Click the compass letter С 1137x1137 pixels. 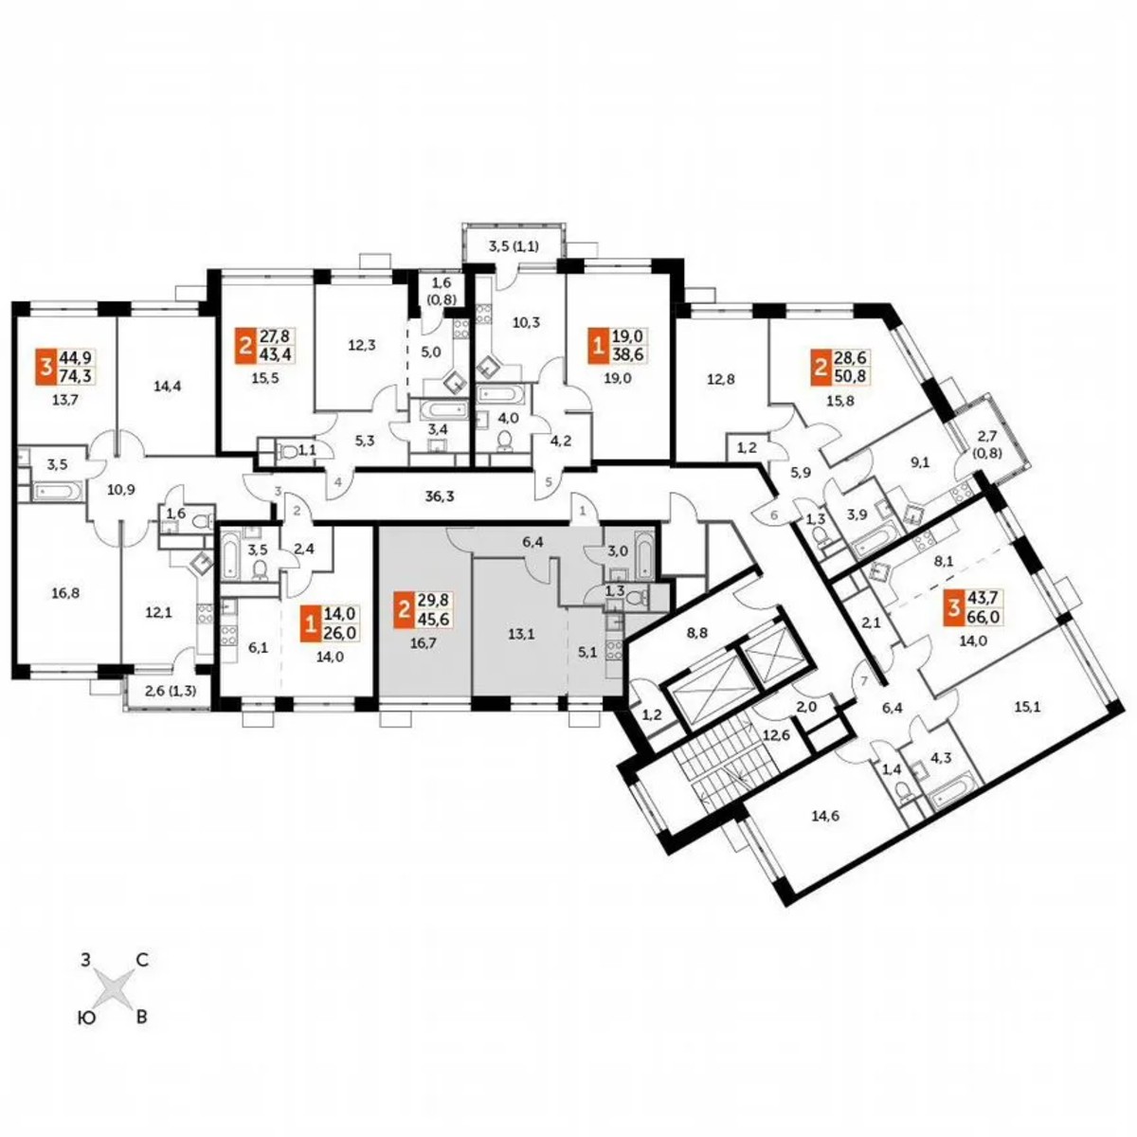141,961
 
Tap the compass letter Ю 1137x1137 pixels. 86,1018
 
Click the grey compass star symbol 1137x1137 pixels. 115,989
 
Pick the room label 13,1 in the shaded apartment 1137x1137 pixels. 517,637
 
